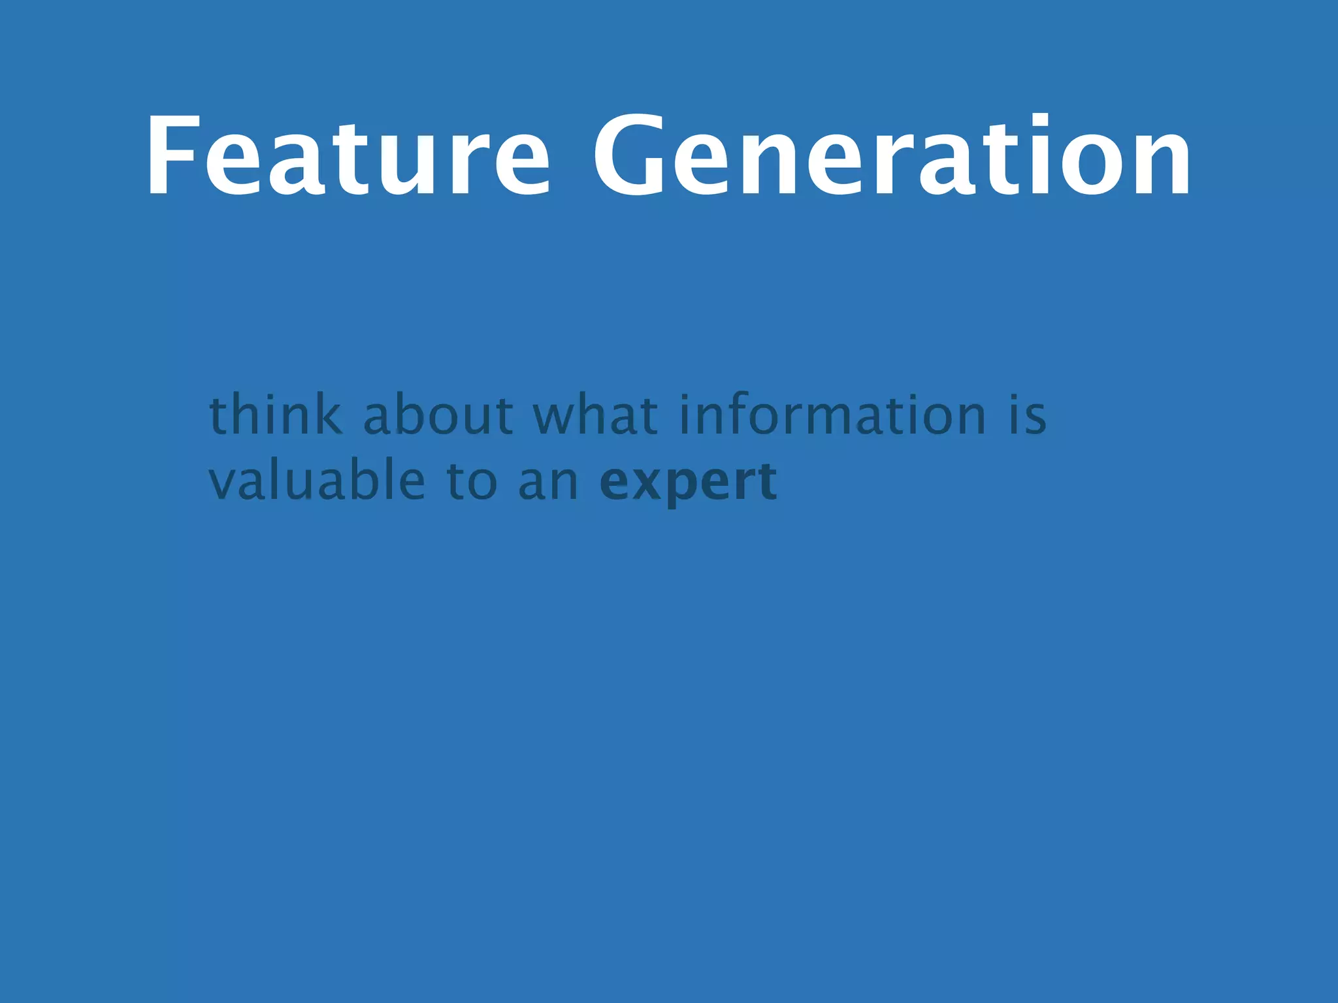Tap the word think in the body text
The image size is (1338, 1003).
(275, 415)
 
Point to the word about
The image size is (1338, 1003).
(438, 415)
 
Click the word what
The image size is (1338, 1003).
(595, 415)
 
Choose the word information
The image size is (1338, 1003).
(832, 415)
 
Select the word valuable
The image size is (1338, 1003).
(317, 481)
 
